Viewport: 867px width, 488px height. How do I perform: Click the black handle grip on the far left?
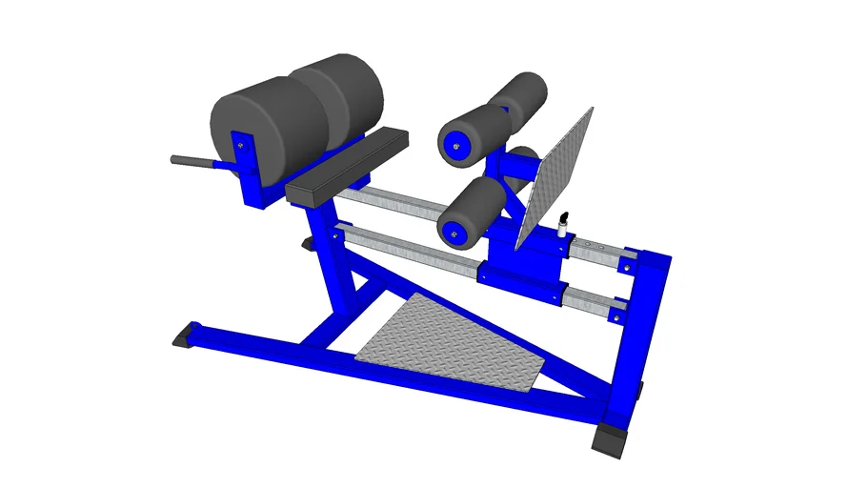click(183, 160)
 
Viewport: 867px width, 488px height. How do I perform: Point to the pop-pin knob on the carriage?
click(563, 220)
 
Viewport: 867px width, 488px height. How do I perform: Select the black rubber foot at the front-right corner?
click(611, 438)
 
